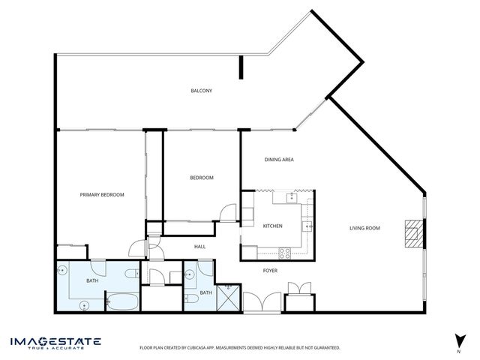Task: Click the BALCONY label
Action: (201, 91)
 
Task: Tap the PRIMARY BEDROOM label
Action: (102, 194)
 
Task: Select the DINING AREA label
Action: (279, 160)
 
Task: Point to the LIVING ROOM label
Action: (364, 228)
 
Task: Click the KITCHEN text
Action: (271, 226)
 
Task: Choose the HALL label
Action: (200, 246)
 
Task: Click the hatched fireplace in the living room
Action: (411, 233)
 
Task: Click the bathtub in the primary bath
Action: (121, 303)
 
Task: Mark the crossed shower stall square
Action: (228, 298)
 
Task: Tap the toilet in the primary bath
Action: (130, 274)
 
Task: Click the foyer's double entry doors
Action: (261, 301)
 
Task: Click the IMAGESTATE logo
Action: (55, 343)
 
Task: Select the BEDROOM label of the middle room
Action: (201, 178)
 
